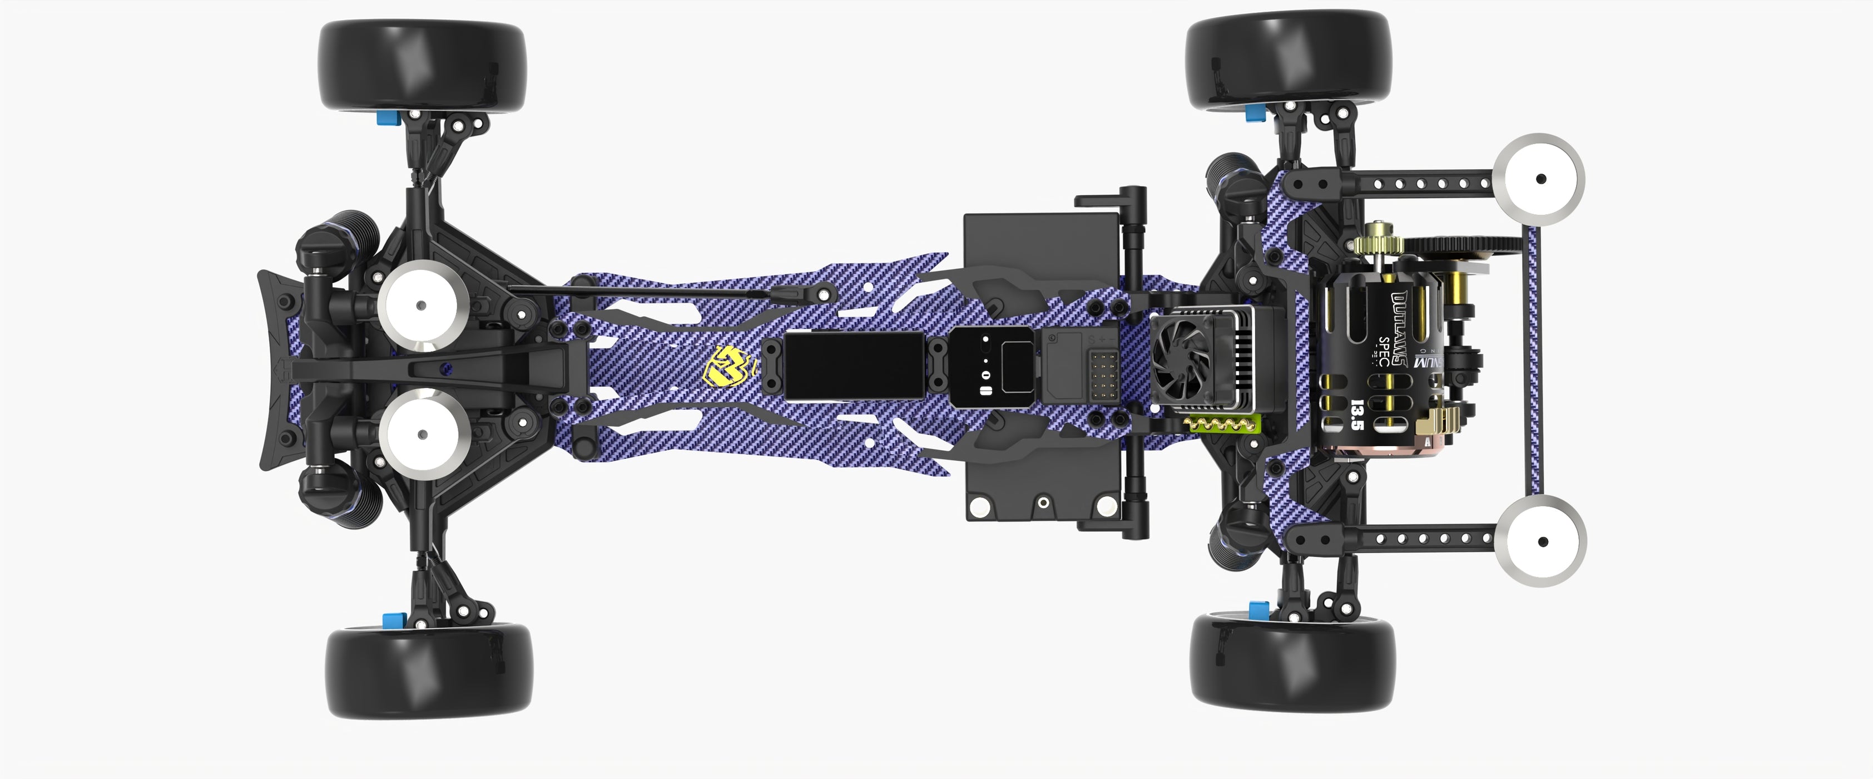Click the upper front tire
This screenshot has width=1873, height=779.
click(421, 66)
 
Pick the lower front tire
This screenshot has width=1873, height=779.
click(428, 672)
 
